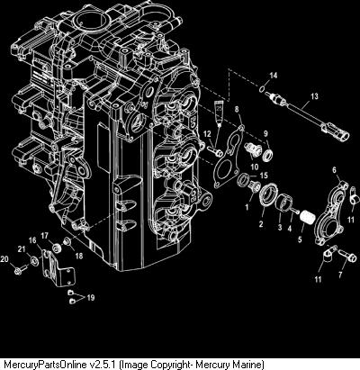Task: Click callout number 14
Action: tap(273, 76)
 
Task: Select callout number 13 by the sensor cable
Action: tap(314, 96)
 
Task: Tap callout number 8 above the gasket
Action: tap(237, 110)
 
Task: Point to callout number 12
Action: tap(207, 134)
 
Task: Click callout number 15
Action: tap(264, 175)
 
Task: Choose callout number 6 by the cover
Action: tap(335, 170)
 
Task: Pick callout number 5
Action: tap(300, 239)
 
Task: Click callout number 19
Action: tap(91, 297)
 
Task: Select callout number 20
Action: tap(4, 259)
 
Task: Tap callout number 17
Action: tap(45, 236)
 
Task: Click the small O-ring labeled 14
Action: tap(262, 89)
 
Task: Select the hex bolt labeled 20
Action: tap(19, 271)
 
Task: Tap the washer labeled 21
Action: tap(34, 261)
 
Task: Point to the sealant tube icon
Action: tap(219, 112)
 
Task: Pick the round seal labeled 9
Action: tap(268, 154)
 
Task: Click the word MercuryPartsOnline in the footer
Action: tap(47, 365)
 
